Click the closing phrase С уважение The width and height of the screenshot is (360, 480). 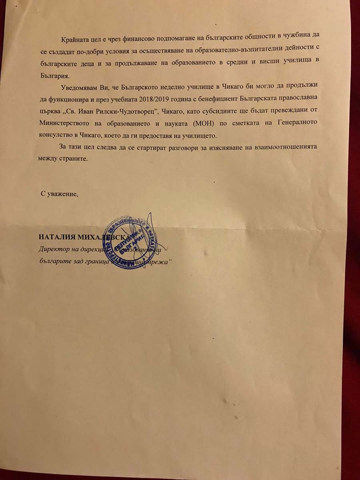59,194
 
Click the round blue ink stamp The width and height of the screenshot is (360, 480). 132,242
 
